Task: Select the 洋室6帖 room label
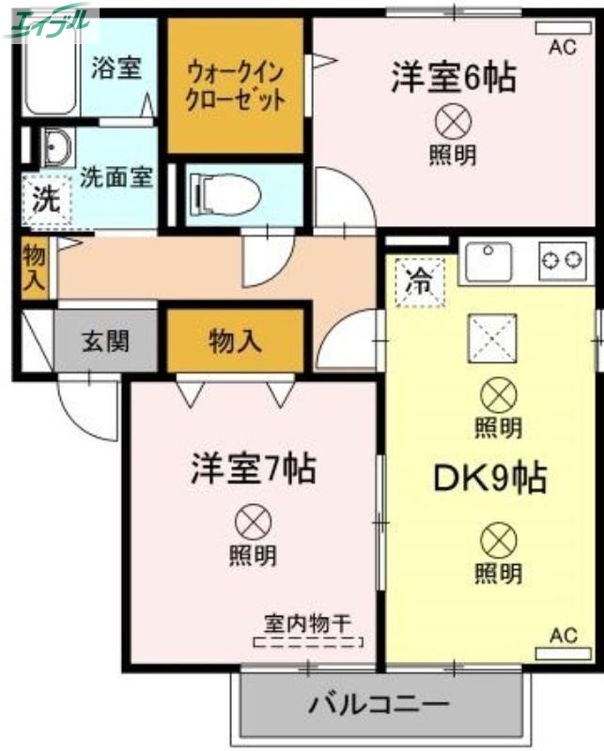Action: [x=453, y=78]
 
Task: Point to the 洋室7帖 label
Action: [x=253, y=467]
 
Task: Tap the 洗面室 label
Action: [x=116, y=176]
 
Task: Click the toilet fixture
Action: [x=225, y=194]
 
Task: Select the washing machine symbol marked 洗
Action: [x=45, y=199]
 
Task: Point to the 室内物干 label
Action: [x=307, y=622]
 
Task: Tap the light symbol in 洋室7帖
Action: [x=253, y=519]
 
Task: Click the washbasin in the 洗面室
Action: [x=58, y=148]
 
